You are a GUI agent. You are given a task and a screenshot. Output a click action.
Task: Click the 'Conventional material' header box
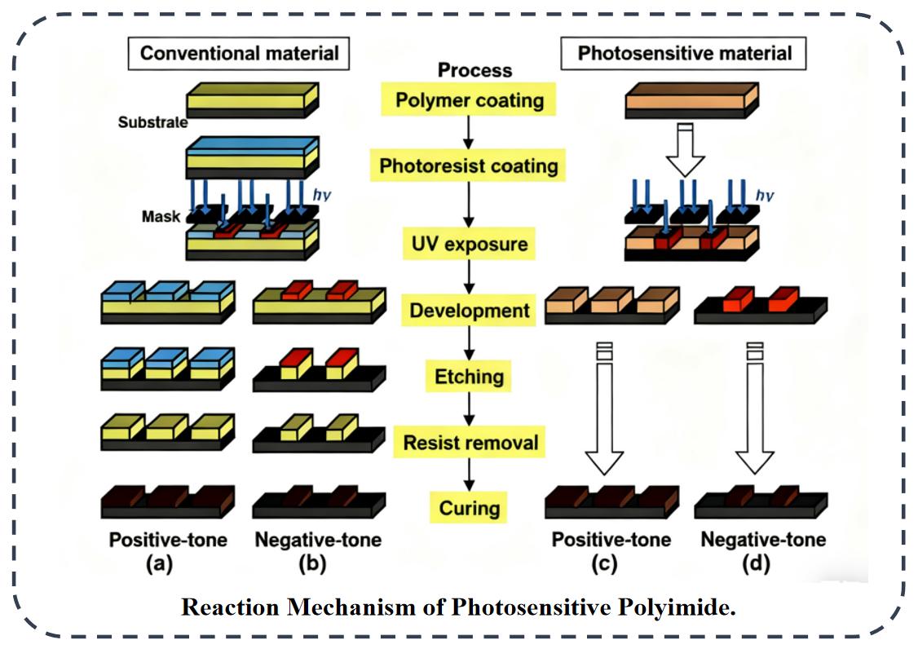tap(239, 54)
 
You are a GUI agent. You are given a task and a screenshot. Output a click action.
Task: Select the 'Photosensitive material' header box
tap(684, 54)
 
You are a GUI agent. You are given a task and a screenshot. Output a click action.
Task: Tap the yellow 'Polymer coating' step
tap(469, 101)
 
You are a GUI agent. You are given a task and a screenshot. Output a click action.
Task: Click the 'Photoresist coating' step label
tap(469, 166)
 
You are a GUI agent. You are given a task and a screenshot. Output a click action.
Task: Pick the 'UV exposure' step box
tap(469, 244)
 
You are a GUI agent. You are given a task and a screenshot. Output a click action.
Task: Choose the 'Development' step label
tap(469, 311)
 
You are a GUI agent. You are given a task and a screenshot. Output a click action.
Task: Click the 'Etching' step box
tap(469, 377)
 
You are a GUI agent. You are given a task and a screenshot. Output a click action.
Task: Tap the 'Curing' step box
tap(469, 509)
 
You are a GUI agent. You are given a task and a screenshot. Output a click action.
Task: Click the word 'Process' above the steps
tap(474, 70)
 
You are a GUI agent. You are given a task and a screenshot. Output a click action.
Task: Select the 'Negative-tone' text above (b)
tap(317, 539)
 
